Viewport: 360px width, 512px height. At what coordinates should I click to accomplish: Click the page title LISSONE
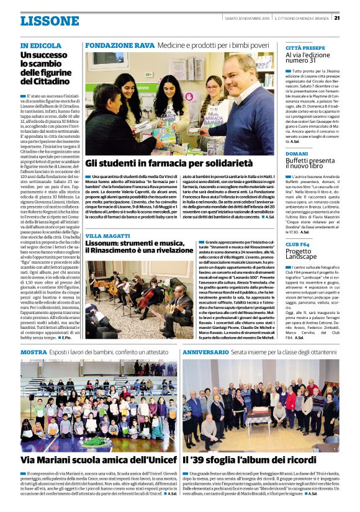pyautogui.click(x=49, y=21)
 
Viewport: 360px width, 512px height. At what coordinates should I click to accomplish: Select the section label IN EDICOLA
pyautogui.click(x=41, y=46)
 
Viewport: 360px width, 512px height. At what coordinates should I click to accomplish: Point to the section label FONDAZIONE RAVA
pyautogui.click(x=120, y=45)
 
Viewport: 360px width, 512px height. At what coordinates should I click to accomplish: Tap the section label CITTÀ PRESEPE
pyautogui.click(x=305, y=47)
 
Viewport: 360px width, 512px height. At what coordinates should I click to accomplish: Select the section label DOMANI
pyautogui.click(x=297, y=153)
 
